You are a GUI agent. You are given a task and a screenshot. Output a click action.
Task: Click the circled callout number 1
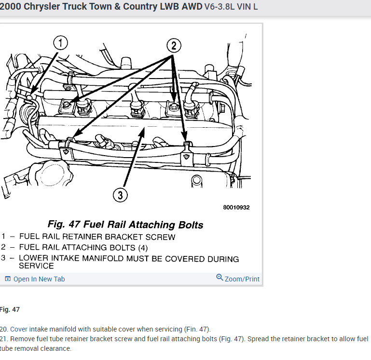tap(60, 43)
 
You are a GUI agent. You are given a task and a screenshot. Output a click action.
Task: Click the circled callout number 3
tap(120, 195)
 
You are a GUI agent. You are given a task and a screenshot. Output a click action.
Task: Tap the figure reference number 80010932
tap(236, 208)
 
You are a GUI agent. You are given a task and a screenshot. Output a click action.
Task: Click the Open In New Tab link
tap(39, 279)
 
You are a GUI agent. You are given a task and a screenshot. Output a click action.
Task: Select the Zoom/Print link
tap(242, 279)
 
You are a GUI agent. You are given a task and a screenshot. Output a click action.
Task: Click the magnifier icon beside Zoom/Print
tap(220, 278)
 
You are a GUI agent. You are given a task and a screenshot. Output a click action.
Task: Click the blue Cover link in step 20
tap(19, 329)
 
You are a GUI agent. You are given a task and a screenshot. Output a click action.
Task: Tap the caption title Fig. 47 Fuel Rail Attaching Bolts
tap(125, 225)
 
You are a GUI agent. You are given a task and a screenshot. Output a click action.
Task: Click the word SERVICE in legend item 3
tap(36, 266)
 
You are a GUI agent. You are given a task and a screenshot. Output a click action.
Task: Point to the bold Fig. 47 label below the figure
tap(10, 309)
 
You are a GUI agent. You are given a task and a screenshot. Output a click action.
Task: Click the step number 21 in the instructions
tap(4, 339)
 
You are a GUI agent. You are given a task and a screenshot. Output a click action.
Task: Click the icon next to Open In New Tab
tap(8, 279)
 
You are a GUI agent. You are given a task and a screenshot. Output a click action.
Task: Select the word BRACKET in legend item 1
tap(130, 237)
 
